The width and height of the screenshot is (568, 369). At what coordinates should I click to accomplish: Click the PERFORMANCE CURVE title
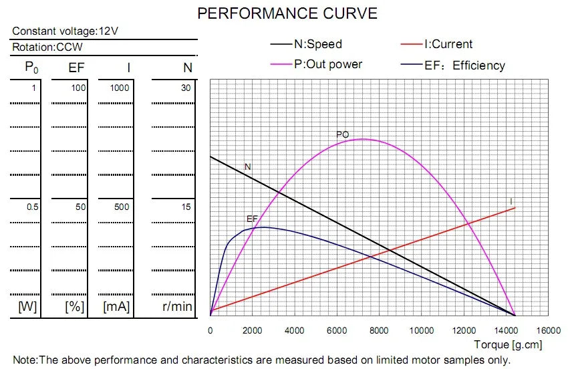click(x=287, y=13)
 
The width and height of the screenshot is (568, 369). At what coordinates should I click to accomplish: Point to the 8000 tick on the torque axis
click(x=379, y=330)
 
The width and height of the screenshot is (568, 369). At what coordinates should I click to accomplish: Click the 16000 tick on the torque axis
click(x=548, y=330)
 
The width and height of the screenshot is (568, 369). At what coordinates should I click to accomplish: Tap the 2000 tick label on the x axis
click(x=252, y=330)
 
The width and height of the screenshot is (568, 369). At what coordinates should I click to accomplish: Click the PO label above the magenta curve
click(x=342, y=135)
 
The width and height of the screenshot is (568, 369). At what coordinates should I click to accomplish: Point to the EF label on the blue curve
click(x=252, y=219)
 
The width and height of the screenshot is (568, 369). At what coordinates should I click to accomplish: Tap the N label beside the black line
click(x=247, y=166)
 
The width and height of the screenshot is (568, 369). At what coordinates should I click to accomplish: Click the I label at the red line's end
click(x=511, y=201)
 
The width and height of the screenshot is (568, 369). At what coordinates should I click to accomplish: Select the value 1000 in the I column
click(x=120, y=88)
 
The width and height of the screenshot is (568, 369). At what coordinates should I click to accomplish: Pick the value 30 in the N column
click(x=186, y=88)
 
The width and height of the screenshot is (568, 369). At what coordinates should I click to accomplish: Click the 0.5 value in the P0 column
click(x=33, y=207)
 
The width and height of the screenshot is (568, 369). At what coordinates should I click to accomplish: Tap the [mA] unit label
click(x=116, y=307)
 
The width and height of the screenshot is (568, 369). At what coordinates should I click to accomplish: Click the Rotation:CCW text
click(x=47, y=47)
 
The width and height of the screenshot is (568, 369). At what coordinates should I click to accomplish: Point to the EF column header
click(x=77, y=68)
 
